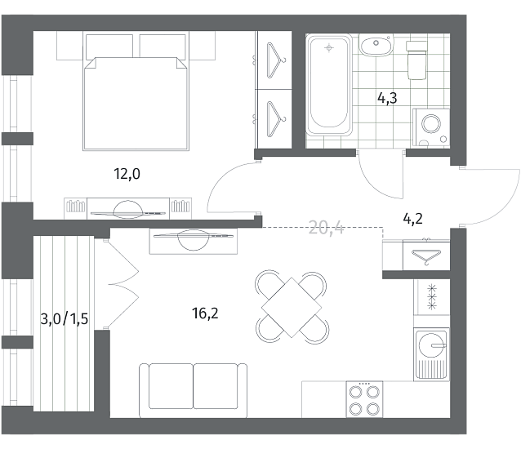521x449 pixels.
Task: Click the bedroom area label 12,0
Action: click(x=127, y=174)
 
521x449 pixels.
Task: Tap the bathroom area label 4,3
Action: click(x=387, y=98)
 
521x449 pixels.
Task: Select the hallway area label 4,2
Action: click(x=412, y=219)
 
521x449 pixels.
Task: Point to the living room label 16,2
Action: click(x=205, y=313)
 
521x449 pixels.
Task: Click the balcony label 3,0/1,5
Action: click(x=65, y=319)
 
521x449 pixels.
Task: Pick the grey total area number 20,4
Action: click(x=327, y=228)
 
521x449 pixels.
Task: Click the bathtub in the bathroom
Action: click(x=329, y=85)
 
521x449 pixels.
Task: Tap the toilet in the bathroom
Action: click(x=416, y=60)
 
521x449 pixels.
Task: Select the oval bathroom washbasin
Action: click(x=376, y=47)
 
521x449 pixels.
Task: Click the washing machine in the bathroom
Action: click(x=431, y=127)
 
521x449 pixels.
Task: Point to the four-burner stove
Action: click(x=364, y=399)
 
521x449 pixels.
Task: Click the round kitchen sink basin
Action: click(x=431, y=345)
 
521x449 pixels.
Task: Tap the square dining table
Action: click(x=292, y=308)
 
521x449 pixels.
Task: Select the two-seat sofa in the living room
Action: click(x=193, y=390)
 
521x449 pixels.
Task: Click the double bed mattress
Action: click(x=136, y=104)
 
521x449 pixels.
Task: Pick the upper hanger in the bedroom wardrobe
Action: click(x=275, y=60)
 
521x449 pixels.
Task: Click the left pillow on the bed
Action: click(x=109, y=47)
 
